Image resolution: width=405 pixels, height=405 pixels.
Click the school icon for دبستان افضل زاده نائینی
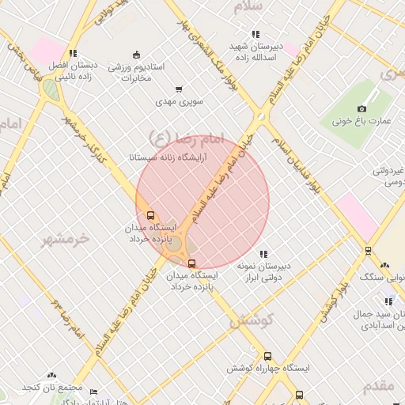tap(73, 54)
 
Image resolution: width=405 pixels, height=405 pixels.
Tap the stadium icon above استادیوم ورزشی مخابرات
tap(137, 55)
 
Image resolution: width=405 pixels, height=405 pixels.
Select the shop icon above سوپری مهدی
tap(180, 90)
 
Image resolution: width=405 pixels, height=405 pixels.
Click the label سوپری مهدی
tap(180, 102)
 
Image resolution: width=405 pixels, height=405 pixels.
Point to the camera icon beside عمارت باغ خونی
tap(362, 108)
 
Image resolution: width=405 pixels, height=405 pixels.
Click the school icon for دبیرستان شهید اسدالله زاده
tap(255, 34)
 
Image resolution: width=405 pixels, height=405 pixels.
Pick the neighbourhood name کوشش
tap(251, 320)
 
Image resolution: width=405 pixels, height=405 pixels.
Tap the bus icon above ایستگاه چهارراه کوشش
tap(268, 357)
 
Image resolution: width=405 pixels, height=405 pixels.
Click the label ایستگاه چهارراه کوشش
tap(268, 369)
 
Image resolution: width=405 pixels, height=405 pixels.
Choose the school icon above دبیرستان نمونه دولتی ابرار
tap(264, 254)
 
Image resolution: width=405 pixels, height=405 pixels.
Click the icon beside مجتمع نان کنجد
tap(51, 376)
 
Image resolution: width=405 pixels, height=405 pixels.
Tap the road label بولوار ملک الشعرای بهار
tap(212, 52)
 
